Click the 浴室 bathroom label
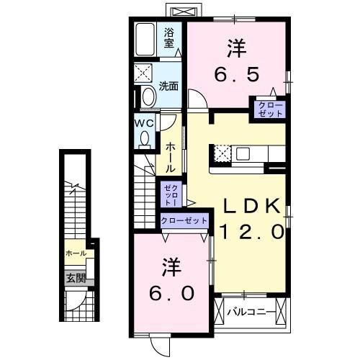[x=169, y=37]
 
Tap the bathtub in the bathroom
[x=146, y=40]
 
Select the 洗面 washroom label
[x=169, y=86]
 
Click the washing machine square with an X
[x=144, y=73]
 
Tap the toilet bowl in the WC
[x=145, y=137]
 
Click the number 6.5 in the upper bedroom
[x=235, y=73]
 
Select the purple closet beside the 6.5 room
[x=266, y=109]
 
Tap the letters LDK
[x=250, y=206]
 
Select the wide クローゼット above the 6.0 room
[x=184, y=220]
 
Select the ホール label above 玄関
[x=76, y=253]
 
